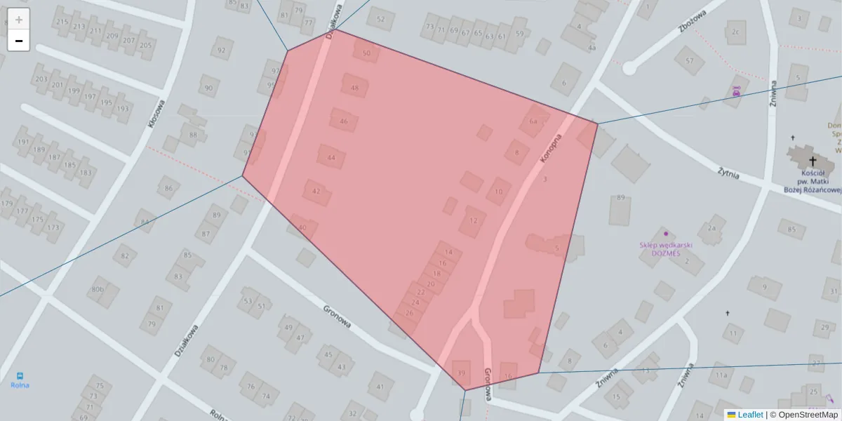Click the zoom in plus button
click(x=19, y=20)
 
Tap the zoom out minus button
click(x=19, y=41)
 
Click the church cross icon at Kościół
click(x=813, y=161)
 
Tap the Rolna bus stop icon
click(x=20, y=375)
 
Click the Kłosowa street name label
click(x=156, y=113)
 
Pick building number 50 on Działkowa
click(x=366, y=53)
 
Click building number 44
click(x=331, y=158)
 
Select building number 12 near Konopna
click(x=473, y=220)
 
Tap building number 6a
click(x=533, y=121)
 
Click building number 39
click(x=461, y=372)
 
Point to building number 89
click(x=620, y=198)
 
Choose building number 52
click(x=380, y=19)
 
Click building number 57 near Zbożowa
click(x=689, y=60)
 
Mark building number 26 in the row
click(x=409, y=313)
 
